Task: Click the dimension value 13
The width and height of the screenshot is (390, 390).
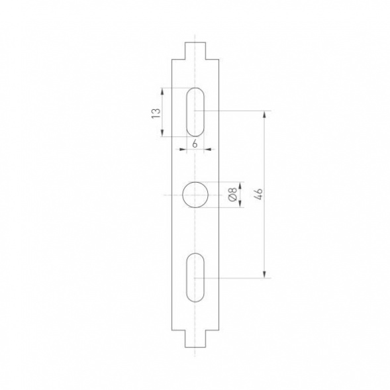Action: tap(155, 113)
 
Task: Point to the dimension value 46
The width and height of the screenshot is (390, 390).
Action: tap(258, 194)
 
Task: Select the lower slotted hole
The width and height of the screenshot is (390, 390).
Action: tap(195, 277)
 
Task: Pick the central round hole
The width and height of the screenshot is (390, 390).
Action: tap(195, 195)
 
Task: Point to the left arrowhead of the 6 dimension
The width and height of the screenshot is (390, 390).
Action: tap(182, 150)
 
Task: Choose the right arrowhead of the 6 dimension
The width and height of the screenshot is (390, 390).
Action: tap(209, 150)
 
